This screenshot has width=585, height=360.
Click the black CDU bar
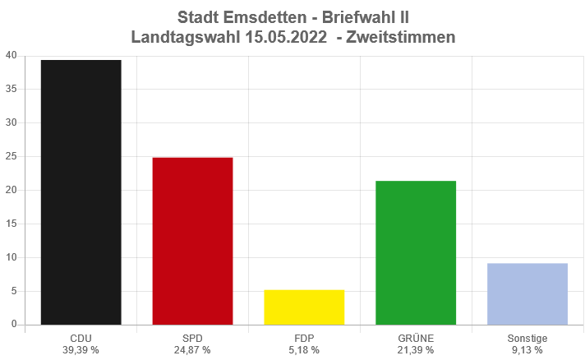point(81,192)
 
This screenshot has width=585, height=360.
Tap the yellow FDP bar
point(304,307)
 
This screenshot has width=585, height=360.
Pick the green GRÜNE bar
point(416,252)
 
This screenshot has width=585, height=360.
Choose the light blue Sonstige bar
point(527,293)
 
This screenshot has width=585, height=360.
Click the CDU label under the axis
point(81,338)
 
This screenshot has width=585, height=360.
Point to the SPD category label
point(192,338)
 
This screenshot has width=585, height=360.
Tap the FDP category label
point(304,338)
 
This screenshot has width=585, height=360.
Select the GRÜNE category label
point(416,338)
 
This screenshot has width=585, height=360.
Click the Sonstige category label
point(527,338)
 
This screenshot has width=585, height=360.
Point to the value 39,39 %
point(81,350)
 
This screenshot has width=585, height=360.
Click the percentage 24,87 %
point(192,350)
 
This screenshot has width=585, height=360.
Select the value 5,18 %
point(304,350)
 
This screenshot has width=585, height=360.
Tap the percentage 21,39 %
point(416,350)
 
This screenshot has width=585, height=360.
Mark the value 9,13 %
point(527,350)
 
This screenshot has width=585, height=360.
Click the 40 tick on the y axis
point(11,56)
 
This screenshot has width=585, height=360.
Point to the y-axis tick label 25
point(11,156)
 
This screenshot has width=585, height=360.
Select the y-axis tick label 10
point(11,257)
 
